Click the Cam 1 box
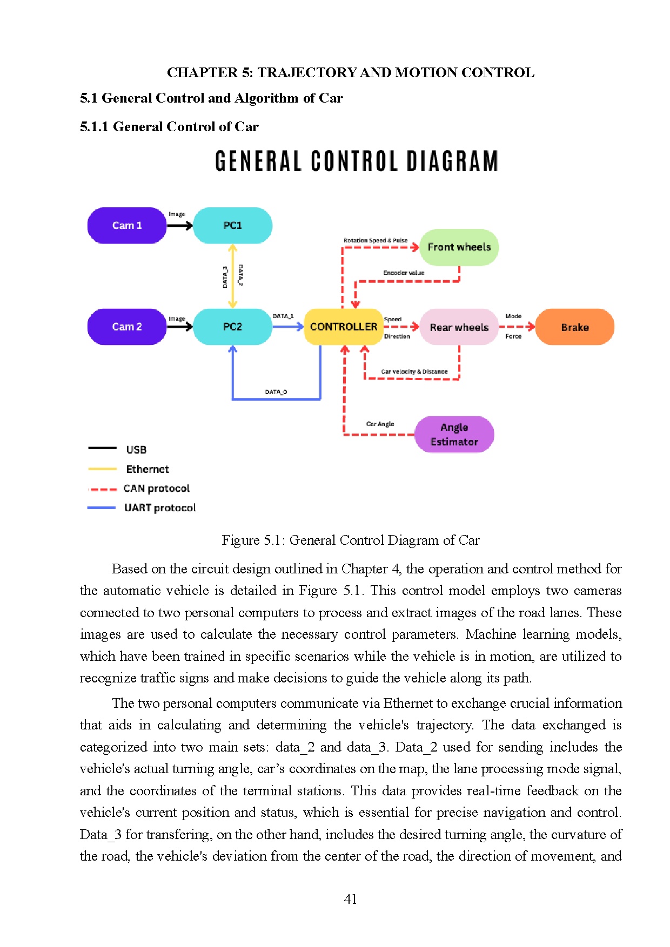click(x=127, y=225)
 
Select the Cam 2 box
click(x=127, y=327)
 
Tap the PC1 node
click(x=232, y=225)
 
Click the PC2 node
click(x=232, y=327)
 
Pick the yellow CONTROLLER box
click(x=344, y=327)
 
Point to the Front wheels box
click(x=459, y=247)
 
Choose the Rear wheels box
click(x=459, y=327)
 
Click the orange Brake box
click(x=574, y=327)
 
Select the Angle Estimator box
click(x=454, y=435)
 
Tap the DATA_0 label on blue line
click(x=276, y=392)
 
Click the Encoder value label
click(x=404, y=273)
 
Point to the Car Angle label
click(x=380, y=424)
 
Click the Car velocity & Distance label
click(x=414, y=371)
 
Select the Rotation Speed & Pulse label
click(x=376, y=240)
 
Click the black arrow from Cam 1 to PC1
click(x=179, y=226)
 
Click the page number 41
click(x=350, y=899)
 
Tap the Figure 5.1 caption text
click(x=350, y=540)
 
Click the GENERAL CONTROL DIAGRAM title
click(x=356, y=161)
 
